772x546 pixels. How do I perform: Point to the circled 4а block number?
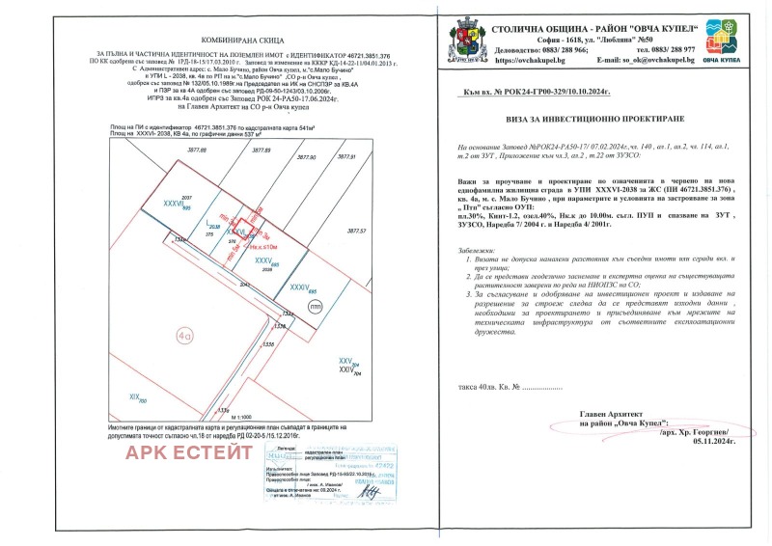184,335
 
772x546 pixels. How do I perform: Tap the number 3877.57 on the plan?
357,231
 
